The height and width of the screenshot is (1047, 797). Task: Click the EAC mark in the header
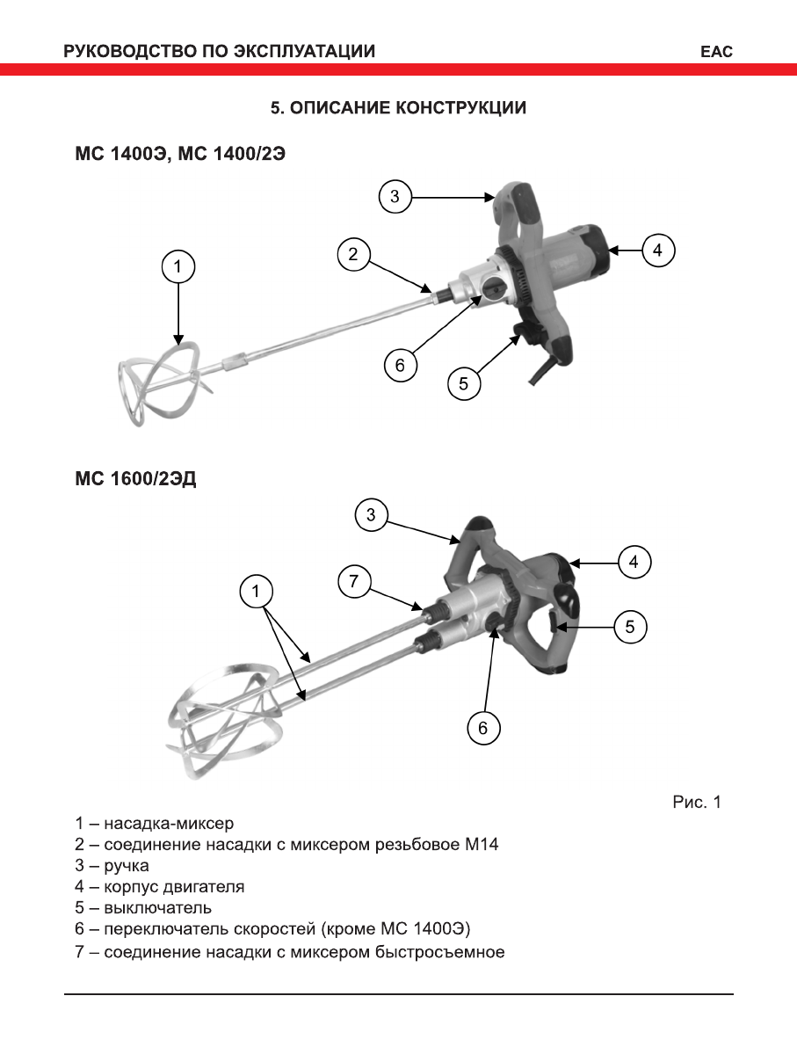716,52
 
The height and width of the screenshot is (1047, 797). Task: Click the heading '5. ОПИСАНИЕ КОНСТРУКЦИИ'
398,108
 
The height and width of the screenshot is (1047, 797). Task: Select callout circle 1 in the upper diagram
178,266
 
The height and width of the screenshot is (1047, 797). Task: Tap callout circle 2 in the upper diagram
353,255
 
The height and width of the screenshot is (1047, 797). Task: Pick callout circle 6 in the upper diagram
401,365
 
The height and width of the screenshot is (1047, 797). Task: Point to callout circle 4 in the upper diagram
657,251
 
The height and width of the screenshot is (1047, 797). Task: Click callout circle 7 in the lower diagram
354,581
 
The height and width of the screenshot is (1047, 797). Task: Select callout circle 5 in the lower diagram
630,627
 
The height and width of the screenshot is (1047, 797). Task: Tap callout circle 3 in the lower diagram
372,515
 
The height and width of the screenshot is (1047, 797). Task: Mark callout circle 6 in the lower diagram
482,727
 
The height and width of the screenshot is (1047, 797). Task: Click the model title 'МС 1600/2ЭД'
135,482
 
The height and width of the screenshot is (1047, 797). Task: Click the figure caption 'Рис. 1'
697,802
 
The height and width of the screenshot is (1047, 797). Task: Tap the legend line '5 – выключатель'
143,908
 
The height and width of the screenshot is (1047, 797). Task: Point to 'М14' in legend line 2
492,845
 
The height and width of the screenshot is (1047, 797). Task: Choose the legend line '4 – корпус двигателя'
159,887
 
